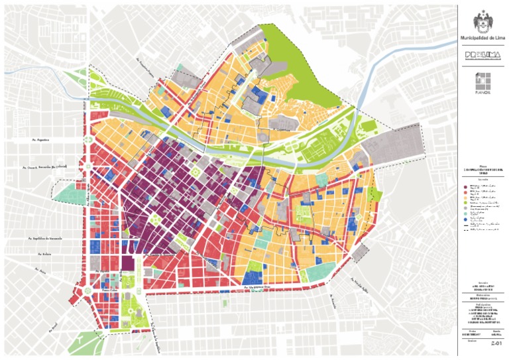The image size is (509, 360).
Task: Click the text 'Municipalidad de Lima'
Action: [x=482, y=38]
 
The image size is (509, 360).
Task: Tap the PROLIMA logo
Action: [x=482, y=56]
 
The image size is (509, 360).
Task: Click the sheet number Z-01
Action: [x=493, y=344]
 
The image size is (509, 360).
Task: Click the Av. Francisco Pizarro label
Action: [x=146, y=71]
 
